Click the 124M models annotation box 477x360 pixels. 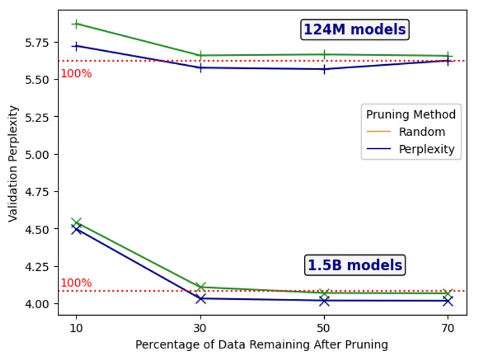point(355,29)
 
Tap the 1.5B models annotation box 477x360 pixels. point(355,265)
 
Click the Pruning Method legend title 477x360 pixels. point(411,114)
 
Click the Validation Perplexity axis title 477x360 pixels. point(13,163)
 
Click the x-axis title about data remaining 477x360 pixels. point(262,345)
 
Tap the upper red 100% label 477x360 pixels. point(76,74)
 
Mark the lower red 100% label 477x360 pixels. point(76,283)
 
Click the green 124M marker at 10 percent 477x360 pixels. point(76,24)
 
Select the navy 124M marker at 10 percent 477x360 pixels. point(76,46)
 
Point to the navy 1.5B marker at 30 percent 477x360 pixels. point(200,299)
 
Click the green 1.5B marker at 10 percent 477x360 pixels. point(76,222)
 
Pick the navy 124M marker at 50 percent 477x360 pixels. point(324,69)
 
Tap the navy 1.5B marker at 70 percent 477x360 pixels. point(448,300)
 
